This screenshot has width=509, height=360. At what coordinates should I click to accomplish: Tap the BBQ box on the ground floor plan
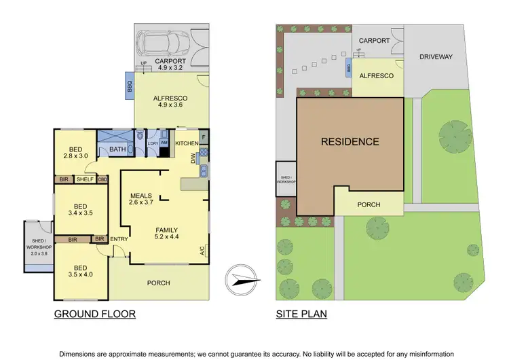click(x=129, y=87)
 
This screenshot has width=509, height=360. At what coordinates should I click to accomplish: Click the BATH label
click(x=117, y=149)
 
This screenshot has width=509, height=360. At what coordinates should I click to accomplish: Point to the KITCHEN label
click(x=187, y=143)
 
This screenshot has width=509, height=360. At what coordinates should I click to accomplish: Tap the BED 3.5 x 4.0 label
click(x=80, y=272)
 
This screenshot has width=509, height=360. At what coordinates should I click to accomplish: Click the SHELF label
click(x=85, y=179)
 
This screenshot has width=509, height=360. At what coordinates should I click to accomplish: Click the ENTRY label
click(x=119, y=239)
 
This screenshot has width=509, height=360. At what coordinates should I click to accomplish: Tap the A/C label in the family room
click(x=202, y=251)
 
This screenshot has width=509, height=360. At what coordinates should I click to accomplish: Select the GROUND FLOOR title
click(x=94, y=314)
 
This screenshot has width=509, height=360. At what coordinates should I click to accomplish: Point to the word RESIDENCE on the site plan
click(x=350, y=142)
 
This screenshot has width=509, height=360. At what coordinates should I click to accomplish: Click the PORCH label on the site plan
click(x=369, y=204)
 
